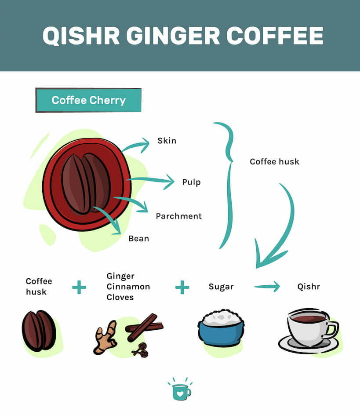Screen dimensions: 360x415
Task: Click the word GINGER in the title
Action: coord(173,36)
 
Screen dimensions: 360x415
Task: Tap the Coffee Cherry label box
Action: coord(88,100)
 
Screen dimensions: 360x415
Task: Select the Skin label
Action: coord(167,141)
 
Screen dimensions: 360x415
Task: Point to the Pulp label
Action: coord(191,182)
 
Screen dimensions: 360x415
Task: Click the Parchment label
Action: coord(178,216)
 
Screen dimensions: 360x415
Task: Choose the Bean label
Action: coord(139,238)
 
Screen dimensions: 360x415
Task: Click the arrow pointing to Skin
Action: coord(135,145)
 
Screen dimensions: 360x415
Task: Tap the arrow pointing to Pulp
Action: coord(150,181)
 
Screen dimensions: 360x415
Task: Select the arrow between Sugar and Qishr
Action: coord(267,286)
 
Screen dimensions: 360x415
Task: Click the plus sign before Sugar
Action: coord(182,287)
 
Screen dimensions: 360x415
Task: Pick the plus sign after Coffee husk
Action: coord(79,287)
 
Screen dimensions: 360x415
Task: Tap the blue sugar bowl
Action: coord(221,328)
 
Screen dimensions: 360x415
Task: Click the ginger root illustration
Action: coord(105,338)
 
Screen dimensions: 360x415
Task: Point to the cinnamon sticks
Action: coord(144,328)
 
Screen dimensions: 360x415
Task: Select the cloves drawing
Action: coord(141,350)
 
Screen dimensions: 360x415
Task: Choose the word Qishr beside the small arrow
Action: coord(309,287)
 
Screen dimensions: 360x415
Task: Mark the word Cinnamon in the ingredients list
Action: coord(128,287)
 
